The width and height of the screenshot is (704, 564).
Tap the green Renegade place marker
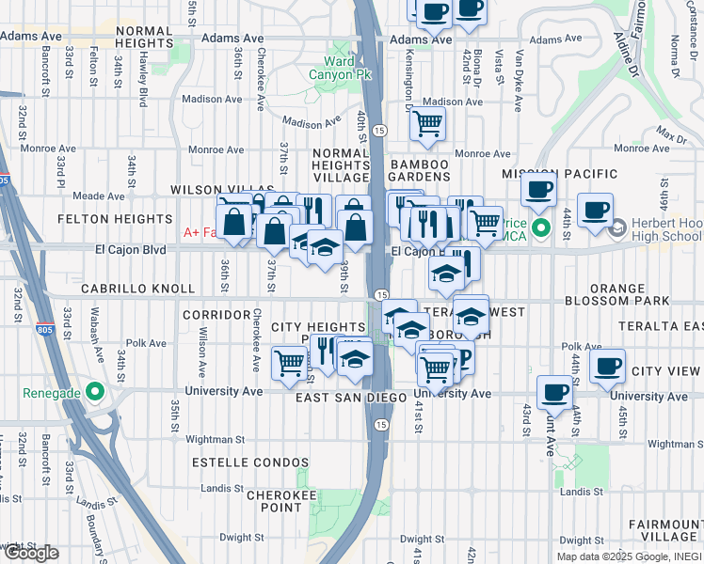pyautogui.click(x=95, y=391)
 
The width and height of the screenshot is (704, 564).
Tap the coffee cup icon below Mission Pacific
pyautogui.click(x=538, y=189)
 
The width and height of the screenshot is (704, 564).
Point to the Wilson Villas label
pyautogui.click(x=222, y=190)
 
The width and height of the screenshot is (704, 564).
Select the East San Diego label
pyautogui.click(x=344, y=398)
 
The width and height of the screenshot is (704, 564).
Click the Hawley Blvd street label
pyautogui.click(x=144, y=78)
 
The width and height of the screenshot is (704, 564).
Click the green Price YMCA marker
pyautogui.click(x=541, y=228)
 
